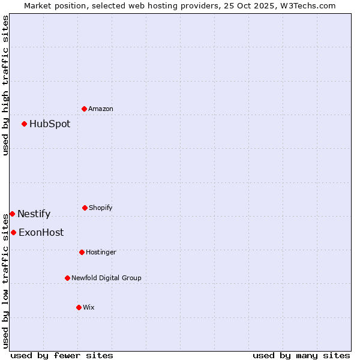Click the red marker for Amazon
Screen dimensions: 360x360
tap(84, 109)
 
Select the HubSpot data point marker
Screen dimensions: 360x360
tap(24, 124)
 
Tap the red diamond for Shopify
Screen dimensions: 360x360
tap(85, 208)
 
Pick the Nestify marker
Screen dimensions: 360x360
tap(12, 214)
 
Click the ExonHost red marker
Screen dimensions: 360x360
tap(13, 232)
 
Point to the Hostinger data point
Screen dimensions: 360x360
tap(82, 252)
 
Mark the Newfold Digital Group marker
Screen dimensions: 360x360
tap(67, 278)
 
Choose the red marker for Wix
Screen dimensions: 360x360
tap(79, 307)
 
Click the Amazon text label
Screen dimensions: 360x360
tap(101, 109)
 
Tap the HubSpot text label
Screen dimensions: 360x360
tap(50, 124)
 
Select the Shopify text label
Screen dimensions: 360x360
tap(101, 208)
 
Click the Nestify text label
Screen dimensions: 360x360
tap(34, 214)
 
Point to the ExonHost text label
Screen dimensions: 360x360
tap(41, 232)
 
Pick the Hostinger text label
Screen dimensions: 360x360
tap(101, 252)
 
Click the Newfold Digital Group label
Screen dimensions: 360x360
tap(106, 278)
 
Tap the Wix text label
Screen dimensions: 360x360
tap(89, 307)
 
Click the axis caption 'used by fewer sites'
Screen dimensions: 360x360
tap(62, 355)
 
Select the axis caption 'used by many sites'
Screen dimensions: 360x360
tap(301, 355)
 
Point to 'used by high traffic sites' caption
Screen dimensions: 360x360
tap(5, 85)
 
